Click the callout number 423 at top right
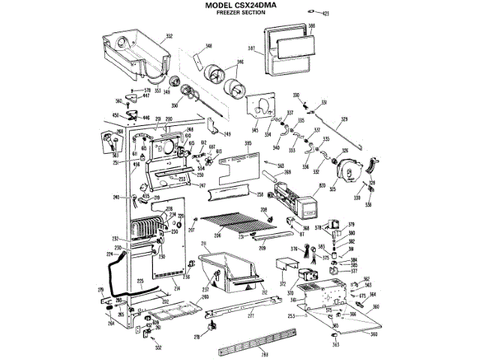coord(326,13)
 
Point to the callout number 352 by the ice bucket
coord(169,35)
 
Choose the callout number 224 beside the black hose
coord(109,254)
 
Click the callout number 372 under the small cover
coord(283,284)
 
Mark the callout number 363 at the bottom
coord(335,345)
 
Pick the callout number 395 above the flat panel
coord(248,142)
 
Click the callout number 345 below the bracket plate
coord(254,131)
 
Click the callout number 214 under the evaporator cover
coord(177,288)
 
